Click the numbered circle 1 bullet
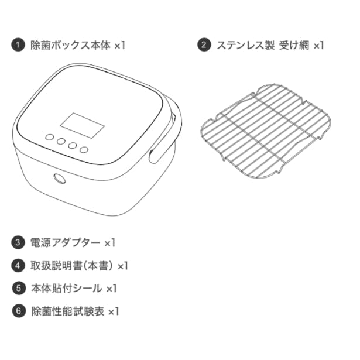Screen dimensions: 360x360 pos(18,45)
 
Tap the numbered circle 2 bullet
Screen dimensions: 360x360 pos(204,44)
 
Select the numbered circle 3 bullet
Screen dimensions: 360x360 pos(18,242)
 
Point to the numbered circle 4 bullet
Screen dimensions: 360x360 pos(18,265)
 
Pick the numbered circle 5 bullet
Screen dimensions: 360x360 pos(19,288)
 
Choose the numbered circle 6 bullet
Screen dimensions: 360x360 pos(19,311)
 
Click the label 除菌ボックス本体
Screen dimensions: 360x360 pos(70,45)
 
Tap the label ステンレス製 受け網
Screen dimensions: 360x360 pos(263,45)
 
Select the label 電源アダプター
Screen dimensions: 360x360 pos(66,243)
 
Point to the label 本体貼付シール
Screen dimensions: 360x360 pos(67,289)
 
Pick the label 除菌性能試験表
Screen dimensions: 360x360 pos(68,311)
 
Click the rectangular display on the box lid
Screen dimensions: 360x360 pos(83,125)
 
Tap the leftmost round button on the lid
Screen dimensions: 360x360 pos(50,138)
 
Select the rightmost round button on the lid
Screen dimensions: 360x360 pos(84,150)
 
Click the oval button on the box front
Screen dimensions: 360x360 pos(60,179)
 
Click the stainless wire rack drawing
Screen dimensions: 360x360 pos(266,131)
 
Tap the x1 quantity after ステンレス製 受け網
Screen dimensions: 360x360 pos(318,46)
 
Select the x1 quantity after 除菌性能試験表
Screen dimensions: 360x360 pos(114,312)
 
